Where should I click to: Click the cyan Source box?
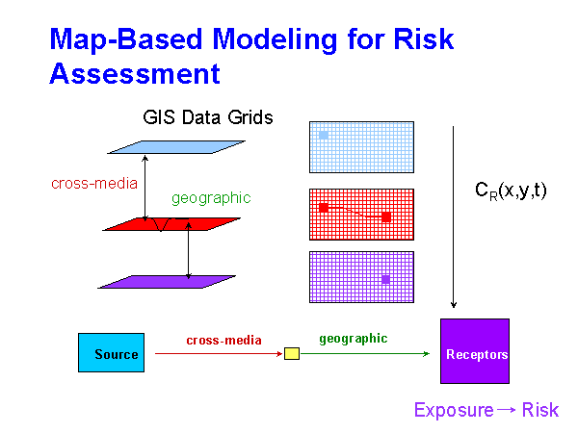(110, 353)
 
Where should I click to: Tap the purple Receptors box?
(475, 353)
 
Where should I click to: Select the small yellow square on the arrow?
(292, 353)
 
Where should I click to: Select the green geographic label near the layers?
(211, 198)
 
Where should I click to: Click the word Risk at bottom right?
(540, 410)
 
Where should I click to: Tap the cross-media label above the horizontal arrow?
(223, 340)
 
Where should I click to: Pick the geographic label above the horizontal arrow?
(354, 339)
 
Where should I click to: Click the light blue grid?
(361, 146)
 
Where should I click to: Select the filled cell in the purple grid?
(385, 279)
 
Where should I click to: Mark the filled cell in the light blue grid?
(324, 135)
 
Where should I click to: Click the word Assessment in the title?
(135, 73)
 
